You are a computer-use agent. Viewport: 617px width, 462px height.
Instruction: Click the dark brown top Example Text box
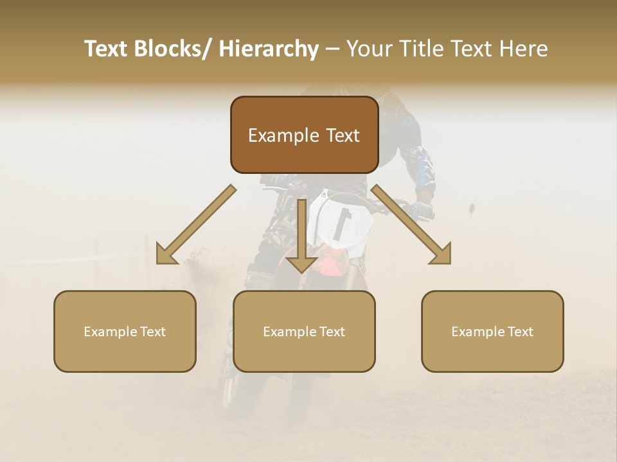point(304,135)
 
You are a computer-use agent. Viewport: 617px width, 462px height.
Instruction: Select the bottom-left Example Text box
point(125,331)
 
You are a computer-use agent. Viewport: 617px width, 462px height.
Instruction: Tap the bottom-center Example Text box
point(304,331)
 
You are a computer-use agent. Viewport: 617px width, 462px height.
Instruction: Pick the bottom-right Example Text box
point(492,331)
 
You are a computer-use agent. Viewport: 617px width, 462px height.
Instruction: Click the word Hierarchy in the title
point(269,49)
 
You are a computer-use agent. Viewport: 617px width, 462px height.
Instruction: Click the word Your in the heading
point(368,49)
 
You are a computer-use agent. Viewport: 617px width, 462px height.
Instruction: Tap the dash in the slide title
point(332,49)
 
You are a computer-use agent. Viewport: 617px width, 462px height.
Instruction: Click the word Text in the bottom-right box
point(519,332)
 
